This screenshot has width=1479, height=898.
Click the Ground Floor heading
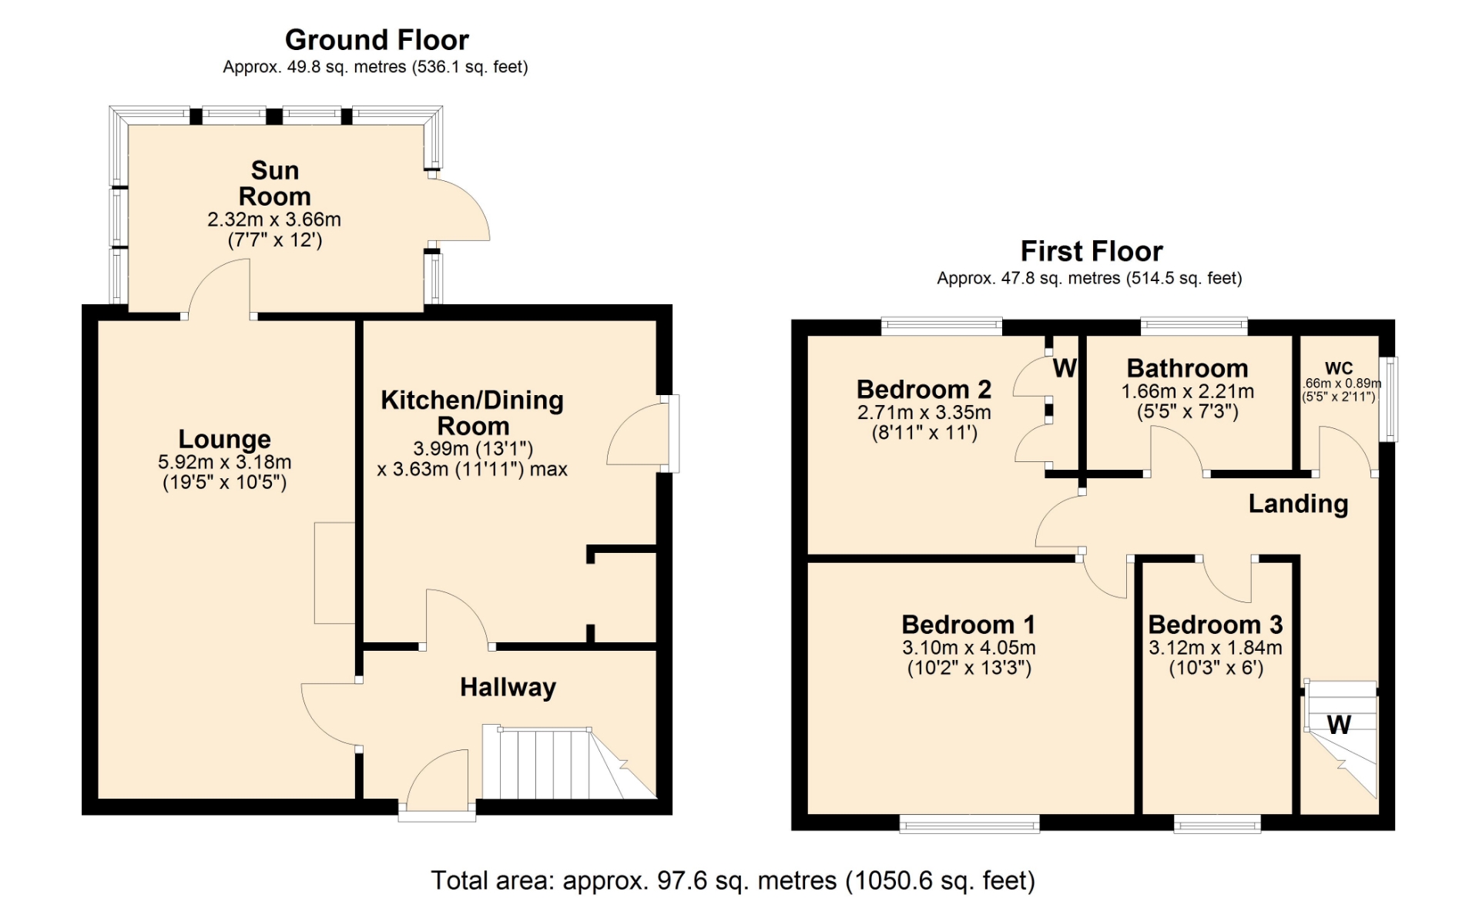[377, 40]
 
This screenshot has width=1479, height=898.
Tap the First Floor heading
[1092, 251]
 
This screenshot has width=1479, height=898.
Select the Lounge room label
[225, 439]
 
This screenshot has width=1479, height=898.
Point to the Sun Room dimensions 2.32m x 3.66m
[274, 219]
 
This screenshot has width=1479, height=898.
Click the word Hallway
[508, 687]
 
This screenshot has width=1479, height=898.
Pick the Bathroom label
[1187, 368]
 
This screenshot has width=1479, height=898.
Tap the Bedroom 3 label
[1216, 624]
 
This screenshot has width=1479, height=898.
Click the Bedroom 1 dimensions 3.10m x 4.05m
[969, 648]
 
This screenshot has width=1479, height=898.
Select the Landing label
[1298, 504]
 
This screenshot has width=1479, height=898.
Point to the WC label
[1339, 368]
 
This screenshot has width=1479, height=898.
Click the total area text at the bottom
[733, 880]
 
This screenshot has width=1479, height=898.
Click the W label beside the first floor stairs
[1339, 725]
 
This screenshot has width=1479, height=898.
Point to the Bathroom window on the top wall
[1194, 326]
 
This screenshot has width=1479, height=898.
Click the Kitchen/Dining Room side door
[639, 433]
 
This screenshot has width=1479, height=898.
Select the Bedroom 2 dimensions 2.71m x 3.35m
[924, 413]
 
